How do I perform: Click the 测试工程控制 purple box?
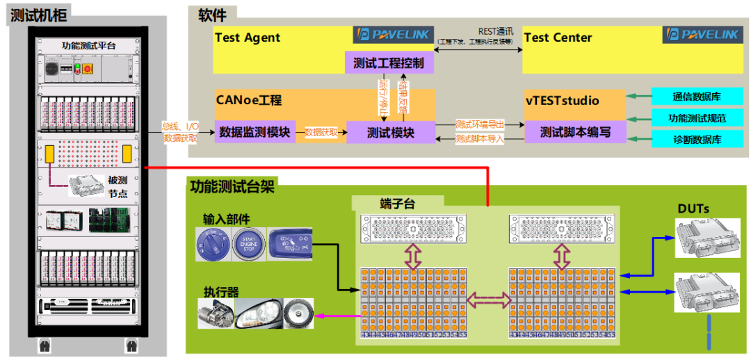389,63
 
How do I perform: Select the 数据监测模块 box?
255,131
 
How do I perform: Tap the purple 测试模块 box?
390,132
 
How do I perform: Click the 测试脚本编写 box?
574,132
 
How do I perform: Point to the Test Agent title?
248,38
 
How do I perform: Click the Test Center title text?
558,38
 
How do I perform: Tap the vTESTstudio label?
562,101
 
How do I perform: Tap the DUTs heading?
694,208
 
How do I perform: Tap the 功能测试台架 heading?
232,186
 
